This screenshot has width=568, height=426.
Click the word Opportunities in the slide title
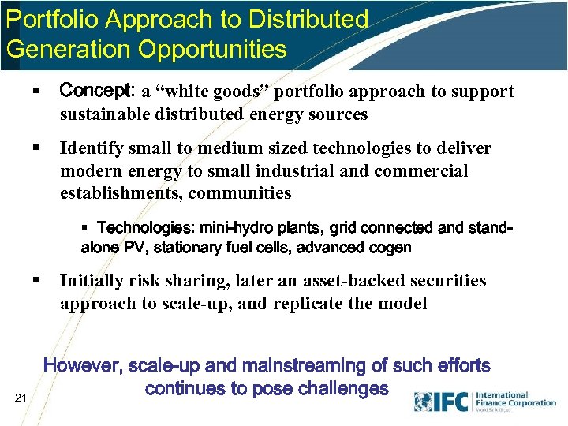212,49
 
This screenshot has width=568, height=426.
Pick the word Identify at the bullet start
93,148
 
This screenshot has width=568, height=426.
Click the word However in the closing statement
82,366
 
